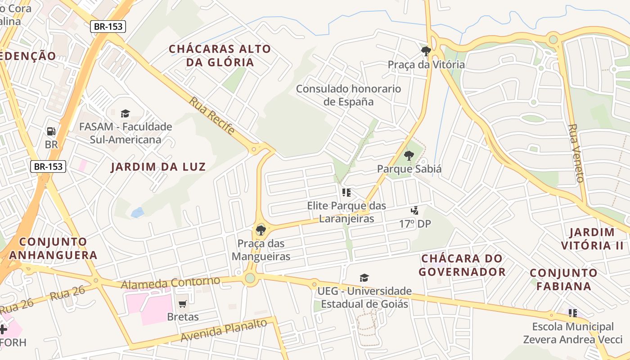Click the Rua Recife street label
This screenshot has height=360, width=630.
[211, 116]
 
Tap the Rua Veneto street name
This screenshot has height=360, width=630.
[576, 153]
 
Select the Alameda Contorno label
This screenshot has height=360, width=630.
[171, 283]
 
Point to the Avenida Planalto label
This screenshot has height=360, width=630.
[223, 331]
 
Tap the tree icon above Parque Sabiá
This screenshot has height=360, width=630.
[409, 156]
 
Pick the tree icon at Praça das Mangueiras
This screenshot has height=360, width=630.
[260, 230]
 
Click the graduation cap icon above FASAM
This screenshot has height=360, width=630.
[125, 113]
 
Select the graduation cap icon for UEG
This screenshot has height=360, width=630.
[364, 278]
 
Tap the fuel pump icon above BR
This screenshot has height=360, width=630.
[51, 131]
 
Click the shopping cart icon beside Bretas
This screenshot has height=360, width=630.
[182, 304]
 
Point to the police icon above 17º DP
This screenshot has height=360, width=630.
[414, 210]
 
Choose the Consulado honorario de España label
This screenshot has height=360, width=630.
[348, 95]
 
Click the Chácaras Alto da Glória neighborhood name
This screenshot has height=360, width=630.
[220, 55]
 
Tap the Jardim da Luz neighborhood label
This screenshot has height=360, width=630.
[158, 167]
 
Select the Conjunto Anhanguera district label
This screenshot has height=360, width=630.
[53, 248]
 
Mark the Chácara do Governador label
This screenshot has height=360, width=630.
[462, 265]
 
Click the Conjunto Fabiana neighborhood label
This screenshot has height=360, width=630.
[563, 279]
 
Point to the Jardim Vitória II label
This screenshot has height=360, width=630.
[592, 239]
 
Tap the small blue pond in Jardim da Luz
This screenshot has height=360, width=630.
[137, 212]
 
